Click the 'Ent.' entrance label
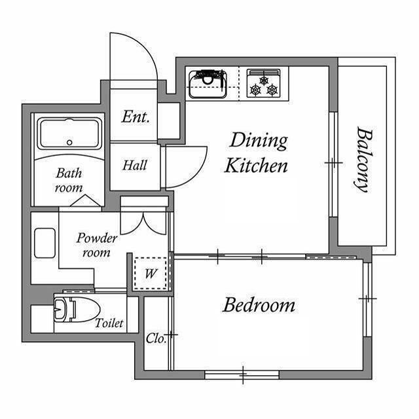pyautogui.click(x=135, y=117)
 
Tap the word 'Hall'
pyautogui.click(x=135, y=165)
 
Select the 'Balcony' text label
pyautogui.click(x=365, y=159)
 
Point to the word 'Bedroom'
pyautogui.click(x=259, y=305)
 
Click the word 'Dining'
pyautogui.click(x=259, y=141)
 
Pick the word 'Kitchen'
pyautogui.click(x=256, y=166)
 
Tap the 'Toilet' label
pyautogui.click(x=109, y=323)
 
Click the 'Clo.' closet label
pyautogui.click(x=155, y=338)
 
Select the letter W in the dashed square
pyautogui.click(x=151, y=274)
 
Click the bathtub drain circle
pyautogui.click(x=69, y=143)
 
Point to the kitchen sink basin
pyautogui.click(x=208, y=84)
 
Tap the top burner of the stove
pyautogui.click(x=264, y=80)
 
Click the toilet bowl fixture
pyautogui.click(x=77, y=309)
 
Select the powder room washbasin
pyautogui.click(x=45, y=243)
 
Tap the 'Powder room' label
pyautogui.click(x=96, y=245)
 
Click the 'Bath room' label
pyautogui.click(x=69, y=180)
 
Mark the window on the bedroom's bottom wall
pyautogui.click(x=242, y=374)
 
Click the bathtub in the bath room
pyautogui.click(x=69, y=134)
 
